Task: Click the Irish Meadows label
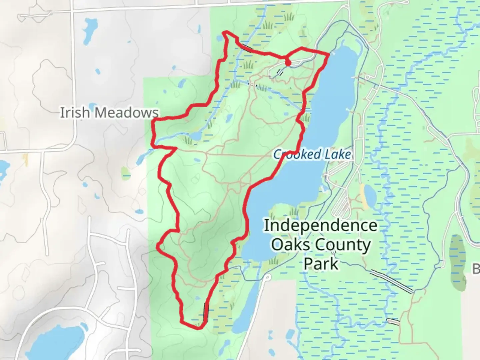[109, 113]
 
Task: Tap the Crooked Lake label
[312, 154]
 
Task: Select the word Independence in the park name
[320, 226]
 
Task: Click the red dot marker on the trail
[288, 63]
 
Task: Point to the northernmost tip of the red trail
[227, 32]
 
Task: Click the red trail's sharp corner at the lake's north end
[329, 54]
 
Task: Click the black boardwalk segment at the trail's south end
[206, 312]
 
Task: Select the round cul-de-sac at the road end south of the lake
[267, 277]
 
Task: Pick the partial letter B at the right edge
[476, 268]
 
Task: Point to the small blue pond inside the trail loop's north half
[229, 118]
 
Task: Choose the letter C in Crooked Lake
[277, 155]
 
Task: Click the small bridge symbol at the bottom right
[393, 322]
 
